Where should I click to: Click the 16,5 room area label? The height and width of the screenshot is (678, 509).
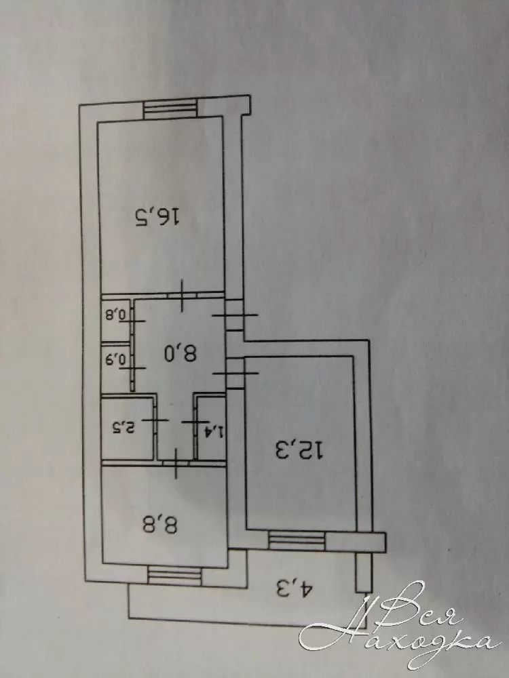pos(157,217)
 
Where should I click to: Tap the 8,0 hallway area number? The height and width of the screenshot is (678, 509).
pos(181,353)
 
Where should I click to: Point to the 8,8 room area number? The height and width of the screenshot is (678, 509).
pos(159,525)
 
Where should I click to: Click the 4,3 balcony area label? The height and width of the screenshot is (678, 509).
pos(294,589)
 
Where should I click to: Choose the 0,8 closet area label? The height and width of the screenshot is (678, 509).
pos(115,315)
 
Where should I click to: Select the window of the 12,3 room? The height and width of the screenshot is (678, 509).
pos(297,540)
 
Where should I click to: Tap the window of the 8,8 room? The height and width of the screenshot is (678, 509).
pos(175,576)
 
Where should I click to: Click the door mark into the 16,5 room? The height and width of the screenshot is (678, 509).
pos(182,296)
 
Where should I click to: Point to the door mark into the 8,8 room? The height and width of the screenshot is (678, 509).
pos(176,463)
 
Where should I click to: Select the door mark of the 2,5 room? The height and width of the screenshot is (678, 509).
pos(155,420)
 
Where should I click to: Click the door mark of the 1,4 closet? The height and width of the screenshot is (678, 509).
pos(196,422)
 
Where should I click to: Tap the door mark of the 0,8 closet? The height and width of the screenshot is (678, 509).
pos(132,321)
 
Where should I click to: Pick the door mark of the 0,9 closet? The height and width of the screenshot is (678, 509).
pos(132,368)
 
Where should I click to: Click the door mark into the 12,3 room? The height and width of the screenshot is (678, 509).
pos(236,373)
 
